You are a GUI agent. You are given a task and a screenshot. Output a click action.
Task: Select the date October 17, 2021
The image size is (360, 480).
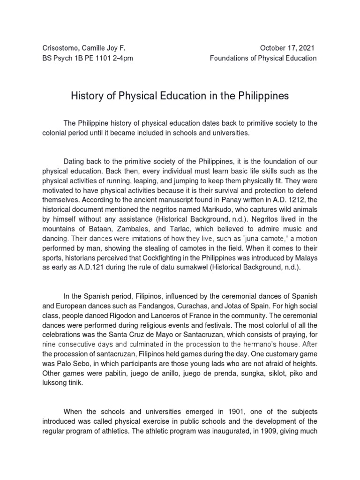tap(288, 48)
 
